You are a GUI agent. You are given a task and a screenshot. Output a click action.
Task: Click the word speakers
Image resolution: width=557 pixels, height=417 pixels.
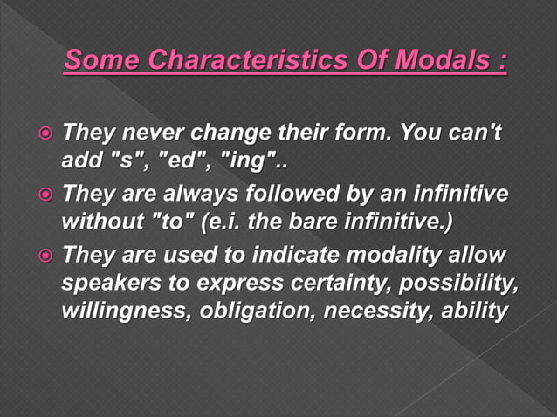pyautogui.click(x=102, y=283)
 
